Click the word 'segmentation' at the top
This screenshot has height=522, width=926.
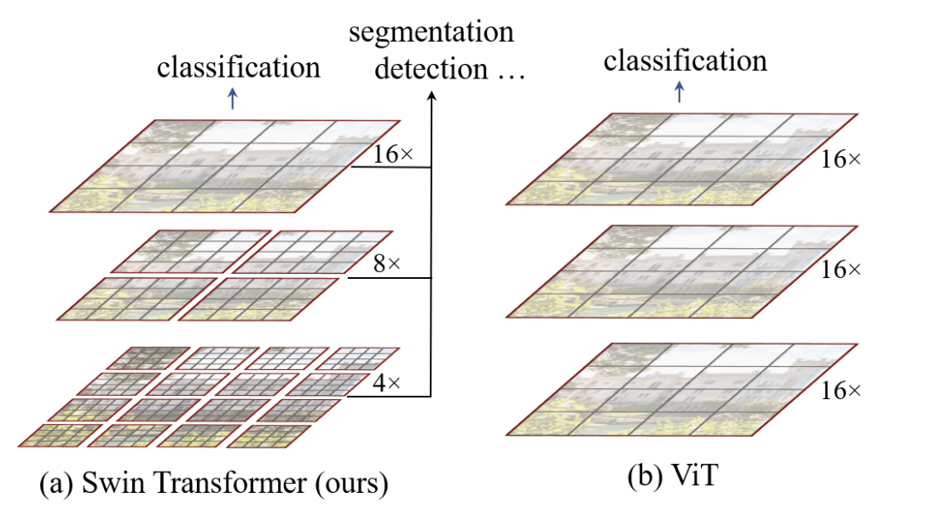(x=431, y=33)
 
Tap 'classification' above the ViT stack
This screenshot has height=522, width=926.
(x=685, y=61)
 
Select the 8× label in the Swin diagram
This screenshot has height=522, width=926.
(x=386, y=264)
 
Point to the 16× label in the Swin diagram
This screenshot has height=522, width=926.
(x=392, y=155)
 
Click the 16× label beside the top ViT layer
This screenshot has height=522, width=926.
(x=840, y=159)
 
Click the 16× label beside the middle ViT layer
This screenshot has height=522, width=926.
(x=840, y=270)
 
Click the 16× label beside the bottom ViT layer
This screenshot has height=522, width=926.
(x=840, y=390)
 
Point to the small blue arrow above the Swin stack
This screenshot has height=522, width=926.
(x=233, y=99)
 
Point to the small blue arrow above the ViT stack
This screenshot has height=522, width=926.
(x=679, y=92)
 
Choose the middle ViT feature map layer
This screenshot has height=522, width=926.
(x=680, y=271)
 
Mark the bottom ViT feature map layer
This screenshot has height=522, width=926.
(x=680, y=390)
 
